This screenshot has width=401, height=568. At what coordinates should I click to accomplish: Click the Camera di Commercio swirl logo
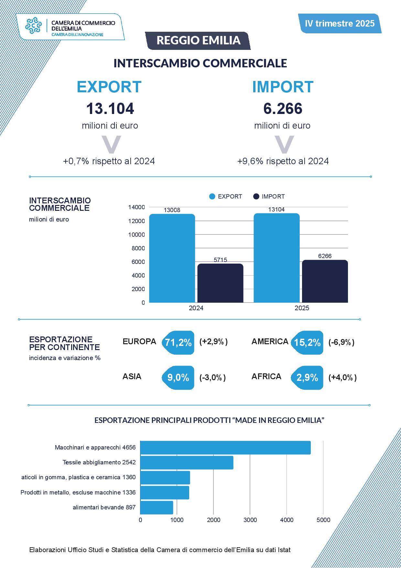click(x=34, y=26)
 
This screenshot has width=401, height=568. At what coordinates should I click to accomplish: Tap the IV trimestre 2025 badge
click(x=340, y=23)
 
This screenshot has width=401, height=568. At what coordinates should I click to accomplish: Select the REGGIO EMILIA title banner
click(x=198, y=40)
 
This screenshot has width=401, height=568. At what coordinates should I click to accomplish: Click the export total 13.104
click(x=110, y=109)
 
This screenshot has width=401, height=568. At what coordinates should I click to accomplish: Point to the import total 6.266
click(x=283, y=109)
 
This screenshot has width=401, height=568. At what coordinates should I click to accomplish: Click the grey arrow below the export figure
click(x=111, y=144)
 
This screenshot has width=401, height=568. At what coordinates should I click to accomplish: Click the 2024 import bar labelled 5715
click(x=220, y=283)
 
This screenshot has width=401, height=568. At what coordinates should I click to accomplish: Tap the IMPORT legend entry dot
click(x=256, y=197)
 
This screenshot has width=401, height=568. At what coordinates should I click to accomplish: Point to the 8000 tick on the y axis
click(x=138, y=248)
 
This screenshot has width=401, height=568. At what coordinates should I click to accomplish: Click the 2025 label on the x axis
click(x=302, y=308)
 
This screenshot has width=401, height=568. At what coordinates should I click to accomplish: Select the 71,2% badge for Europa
click(x=178, y=343)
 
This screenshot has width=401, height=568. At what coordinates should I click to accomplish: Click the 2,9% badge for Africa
click(x=307, y=378)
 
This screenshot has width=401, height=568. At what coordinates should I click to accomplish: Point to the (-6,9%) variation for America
click(x=341, y=342)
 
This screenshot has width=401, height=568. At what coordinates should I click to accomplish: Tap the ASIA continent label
click(x=132, y=377)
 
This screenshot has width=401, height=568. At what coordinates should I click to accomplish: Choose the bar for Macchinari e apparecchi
click(x=225, y=448)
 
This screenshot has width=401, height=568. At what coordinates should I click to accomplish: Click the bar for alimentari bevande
click(x=157, y=507)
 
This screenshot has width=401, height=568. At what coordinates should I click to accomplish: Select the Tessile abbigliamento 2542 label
click(x=99, y=462)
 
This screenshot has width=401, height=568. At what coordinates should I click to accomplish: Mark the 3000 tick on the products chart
click(x=250, y=520)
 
